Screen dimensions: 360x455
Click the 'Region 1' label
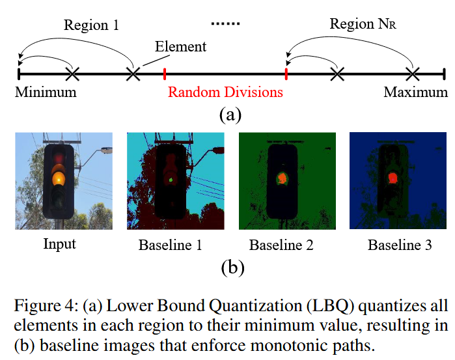tap(92, 25)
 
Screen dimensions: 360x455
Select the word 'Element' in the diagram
tap(180, 46)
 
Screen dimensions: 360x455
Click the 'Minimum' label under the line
tap(46, 92)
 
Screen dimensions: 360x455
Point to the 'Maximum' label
tap(415, 92)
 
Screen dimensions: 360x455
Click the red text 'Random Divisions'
tap(225, 92)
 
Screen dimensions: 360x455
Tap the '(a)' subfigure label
tap(230, 115)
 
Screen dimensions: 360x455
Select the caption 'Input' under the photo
tap(59, 244)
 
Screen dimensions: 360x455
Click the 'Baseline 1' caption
tap(171, 245)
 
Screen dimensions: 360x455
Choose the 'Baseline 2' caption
tap(281, 245)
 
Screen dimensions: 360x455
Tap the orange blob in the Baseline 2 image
tap(283, 178)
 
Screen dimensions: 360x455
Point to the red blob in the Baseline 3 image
tap(393, 177)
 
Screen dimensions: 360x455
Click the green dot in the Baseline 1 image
tap(171, 177)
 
